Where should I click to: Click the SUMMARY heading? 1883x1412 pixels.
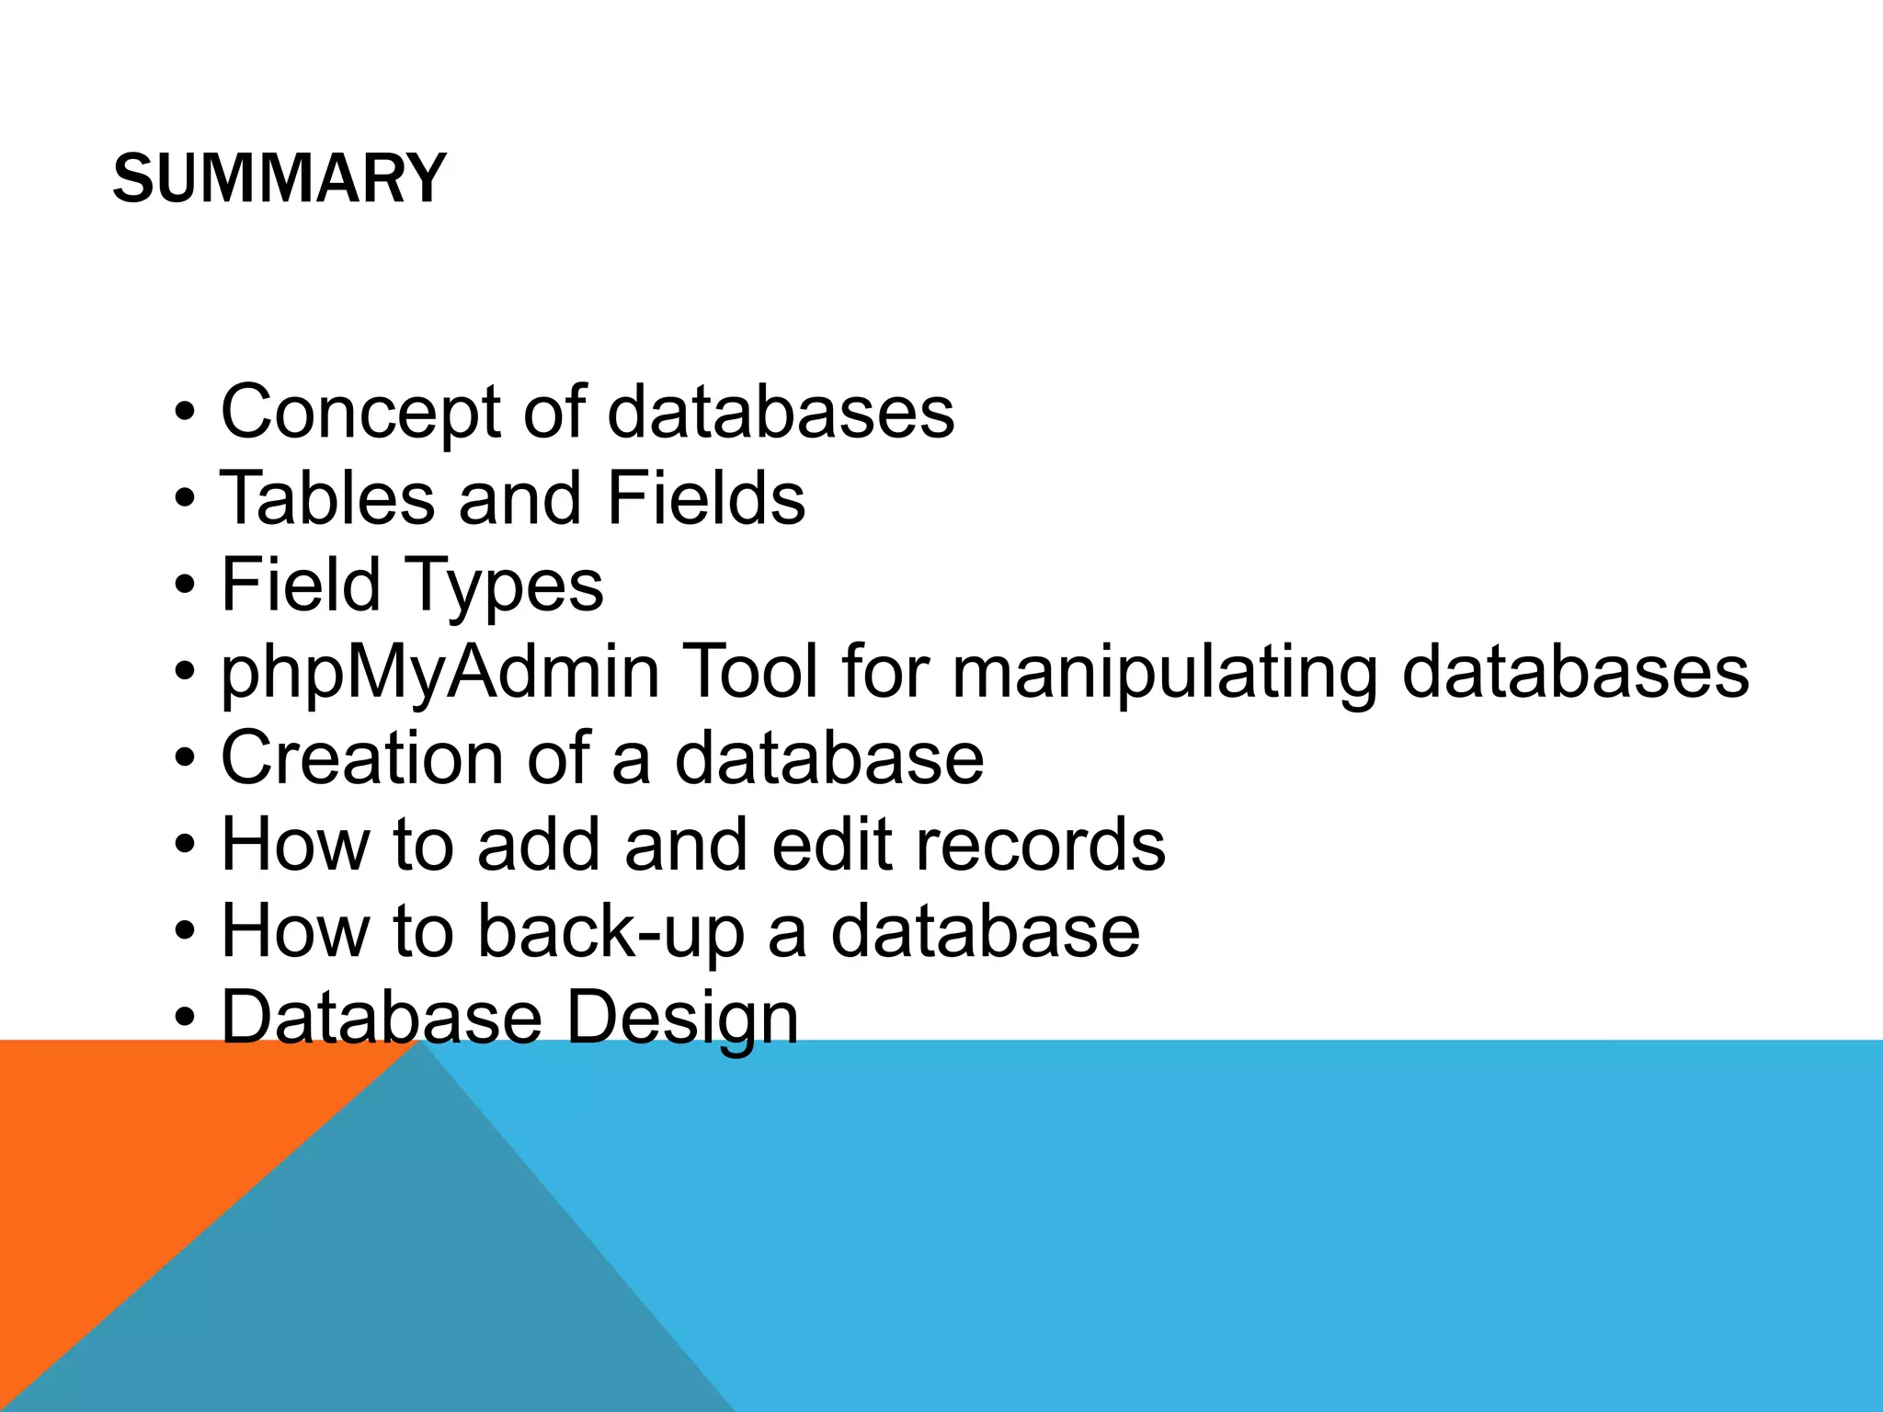[280, 178]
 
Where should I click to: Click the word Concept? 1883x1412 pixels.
[359, 412]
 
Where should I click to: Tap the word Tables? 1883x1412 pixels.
[326, 498]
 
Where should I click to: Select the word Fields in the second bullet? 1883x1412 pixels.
[705, 498]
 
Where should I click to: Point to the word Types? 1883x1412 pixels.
[504, 586]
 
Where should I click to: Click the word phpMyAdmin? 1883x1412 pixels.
[439, 673]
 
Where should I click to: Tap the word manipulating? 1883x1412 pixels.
[1164, 673]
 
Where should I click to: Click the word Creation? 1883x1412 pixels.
[361, 758]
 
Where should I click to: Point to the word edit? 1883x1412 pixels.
[831, 845]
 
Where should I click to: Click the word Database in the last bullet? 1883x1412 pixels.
[382, 1018]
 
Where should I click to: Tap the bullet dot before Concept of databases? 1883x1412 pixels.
[185, 414]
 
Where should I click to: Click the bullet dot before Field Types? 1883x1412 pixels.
[185, 586]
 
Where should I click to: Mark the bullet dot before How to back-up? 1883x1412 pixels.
[185, 933]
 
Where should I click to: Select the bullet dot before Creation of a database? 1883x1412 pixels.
[185, 760]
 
